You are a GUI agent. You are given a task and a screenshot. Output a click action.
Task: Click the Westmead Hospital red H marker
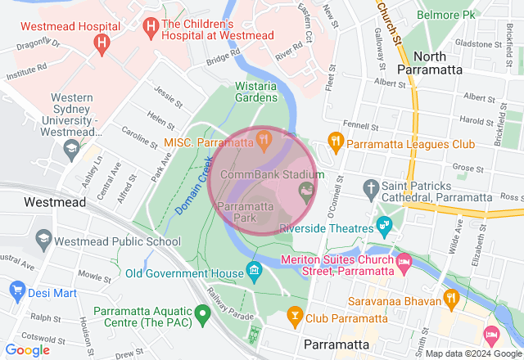[x=102, y=42]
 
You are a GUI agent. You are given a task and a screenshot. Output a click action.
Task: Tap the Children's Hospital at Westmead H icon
[x=151, y=27]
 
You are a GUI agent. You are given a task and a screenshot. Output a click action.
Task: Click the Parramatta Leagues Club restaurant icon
[x=335, y=143]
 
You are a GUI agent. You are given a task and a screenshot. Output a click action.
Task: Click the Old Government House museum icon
[x=254, y=270]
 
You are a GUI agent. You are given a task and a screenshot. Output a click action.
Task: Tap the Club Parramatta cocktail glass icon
[x=294, y=314]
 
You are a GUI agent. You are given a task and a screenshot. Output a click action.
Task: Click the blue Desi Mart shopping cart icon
[x=17, y=290]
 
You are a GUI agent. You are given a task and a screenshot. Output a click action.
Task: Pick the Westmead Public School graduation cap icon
[x=43, y=240]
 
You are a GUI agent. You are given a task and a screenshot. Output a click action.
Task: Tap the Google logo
[x=27, y=350]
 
